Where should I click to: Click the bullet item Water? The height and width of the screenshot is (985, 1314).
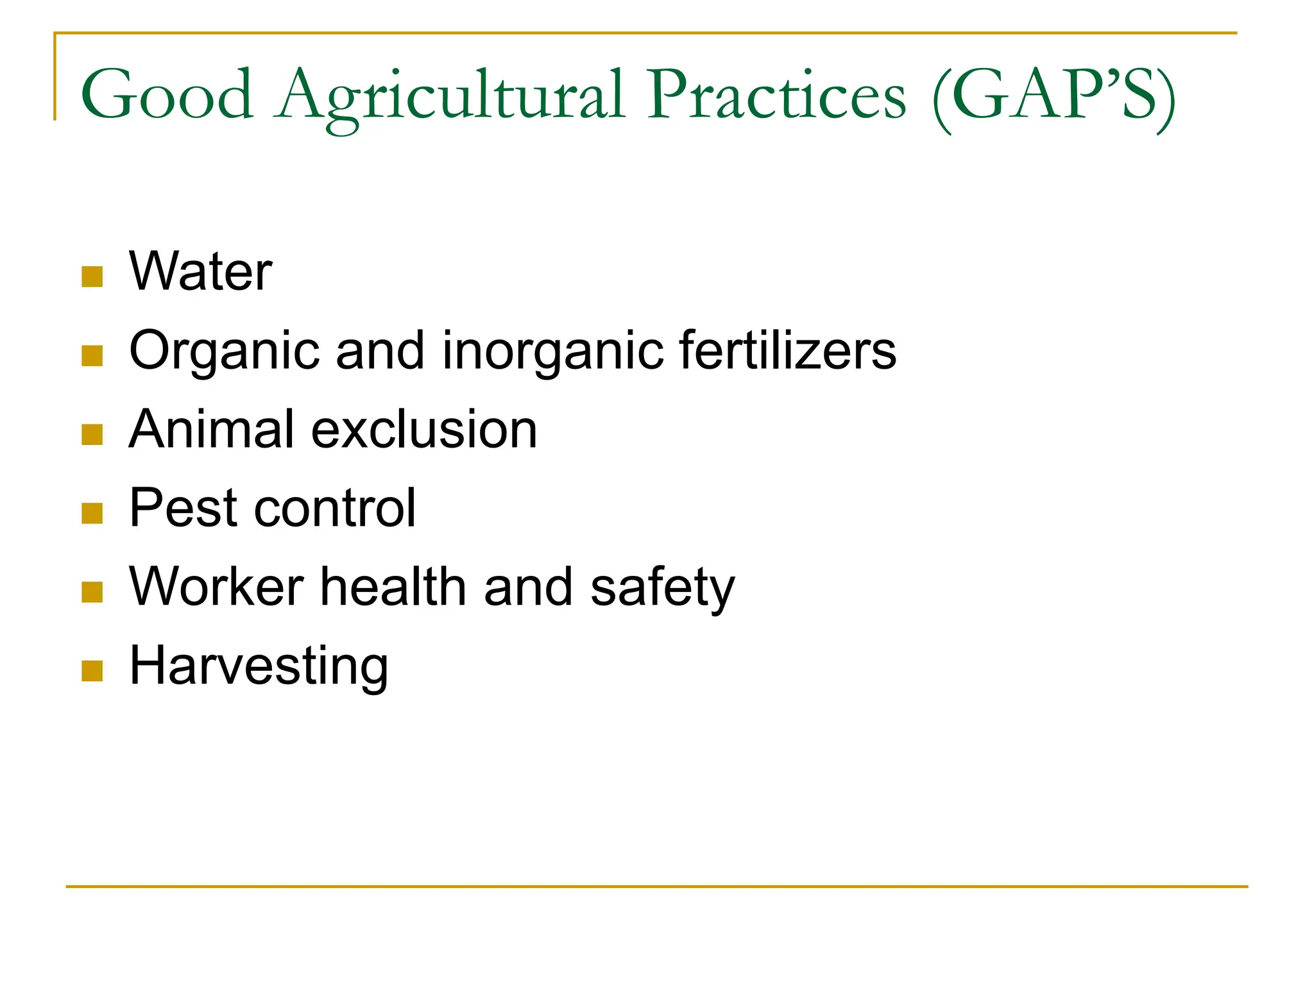[201, 272]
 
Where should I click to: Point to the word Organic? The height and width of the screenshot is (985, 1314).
[224, 351]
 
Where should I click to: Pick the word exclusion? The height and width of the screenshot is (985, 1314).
[424, 429]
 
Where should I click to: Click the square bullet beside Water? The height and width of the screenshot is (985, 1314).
[92, 277]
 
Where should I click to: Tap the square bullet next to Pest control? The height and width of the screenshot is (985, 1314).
[92, 514]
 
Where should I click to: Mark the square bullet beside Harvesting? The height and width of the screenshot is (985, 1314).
[92, 671]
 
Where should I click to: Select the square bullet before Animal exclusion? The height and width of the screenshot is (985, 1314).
[92, 435]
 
